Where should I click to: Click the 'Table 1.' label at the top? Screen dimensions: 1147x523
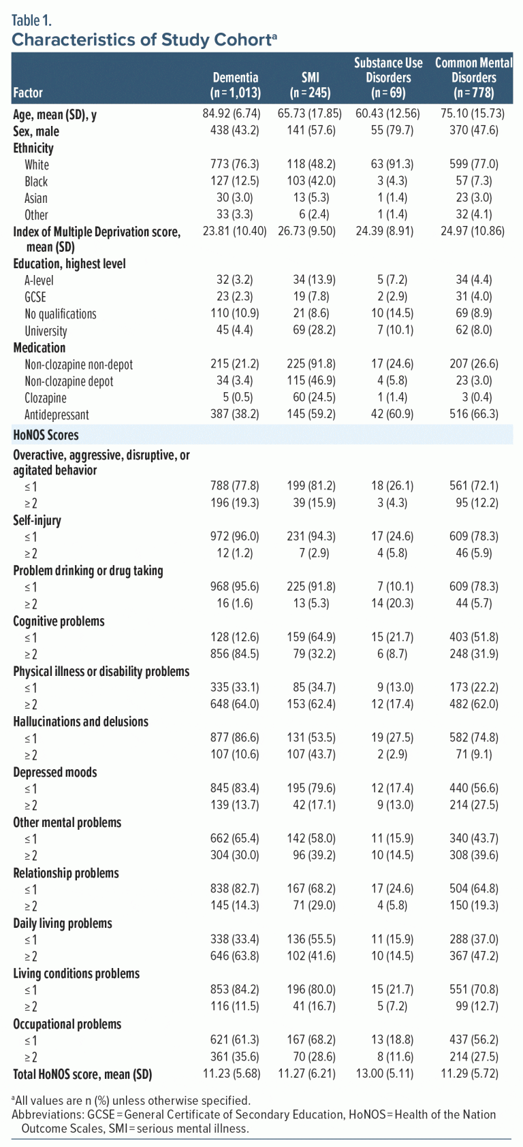[31, 20]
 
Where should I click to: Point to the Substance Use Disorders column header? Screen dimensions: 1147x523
[388, 78]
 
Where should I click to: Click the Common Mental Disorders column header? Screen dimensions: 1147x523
[473, 78]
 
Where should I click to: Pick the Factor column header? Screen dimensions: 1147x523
[28, 93]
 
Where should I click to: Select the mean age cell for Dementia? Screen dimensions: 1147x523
[231, 114]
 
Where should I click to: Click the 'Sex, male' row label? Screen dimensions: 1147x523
[36, 131]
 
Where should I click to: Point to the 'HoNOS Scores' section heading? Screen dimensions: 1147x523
[46, 435]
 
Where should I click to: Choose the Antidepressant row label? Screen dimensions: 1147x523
[57, 415]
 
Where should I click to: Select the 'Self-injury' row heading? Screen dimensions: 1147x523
[37, 521]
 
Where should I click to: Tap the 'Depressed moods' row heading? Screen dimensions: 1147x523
[55, 773]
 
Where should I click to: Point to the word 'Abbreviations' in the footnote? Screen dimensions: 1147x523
[45, 1114]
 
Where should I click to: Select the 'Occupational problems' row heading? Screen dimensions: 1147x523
[67, 1024]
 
